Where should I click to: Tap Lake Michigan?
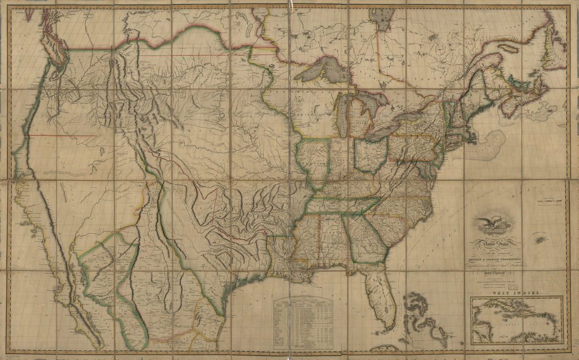(x=342, y=113)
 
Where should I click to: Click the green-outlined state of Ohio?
(x=371, y=153)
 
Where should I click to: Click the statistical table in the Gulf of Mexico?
(x=303, y=322)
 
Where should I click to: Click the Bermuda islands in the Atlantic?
(x=540, y=239)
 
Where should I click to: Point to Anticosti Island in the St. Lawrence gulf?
(x=508, y=47)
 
